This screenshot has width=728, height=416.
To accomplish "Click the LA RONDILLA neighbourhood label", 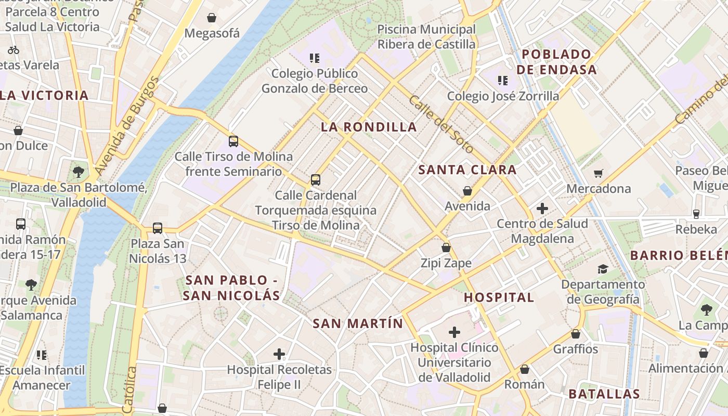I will pos(369,127).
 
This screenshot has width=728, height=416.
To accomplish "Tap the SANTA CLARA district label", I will pos(467,170).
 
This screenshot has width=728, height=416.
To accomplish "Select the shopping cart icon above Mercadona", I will pos(599,173).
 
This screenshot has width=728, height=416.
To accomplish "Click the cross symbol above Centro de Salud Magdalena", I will pos(542,209).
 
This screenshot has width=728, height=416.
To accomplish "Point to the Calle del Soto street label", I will pos(441,124).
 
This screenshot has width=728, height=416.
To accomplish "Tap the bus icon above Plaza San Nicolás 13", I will pos(158,228).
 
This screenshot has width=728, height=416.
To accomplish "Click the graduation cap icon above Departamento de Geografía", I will pos(603,269).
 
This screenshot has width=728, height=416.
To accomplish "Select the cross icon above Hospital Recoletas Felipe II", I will pos(279,354).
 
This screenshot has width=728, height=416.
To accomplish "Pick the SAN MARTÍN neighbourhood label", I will pos(358,323).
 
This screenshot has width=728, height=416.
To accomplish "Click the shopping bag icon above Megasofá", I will pos(212,18).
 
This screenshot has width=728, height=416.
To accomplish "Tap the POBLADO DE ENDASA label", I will pos(559,62).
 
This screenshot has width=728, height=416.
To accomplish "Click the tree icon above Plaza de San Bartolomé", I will pos(79,172).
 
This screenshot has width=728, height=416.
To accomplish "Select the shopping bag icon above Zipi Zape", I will pos(446,248).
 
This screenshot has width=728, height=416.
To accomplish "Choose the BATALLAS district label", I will pos(604,394).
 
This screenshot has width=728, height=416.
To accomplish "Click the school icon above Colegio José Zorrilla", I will pos(503,80).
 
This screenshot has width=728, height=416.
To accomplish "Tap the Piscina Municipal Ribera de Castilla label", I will pos(426,37).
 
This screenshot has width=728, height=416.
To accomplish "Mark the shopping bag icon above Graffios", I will pos(576,334).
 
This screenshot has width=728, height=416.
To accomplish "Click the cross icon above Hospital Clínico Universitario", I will pos(454,332).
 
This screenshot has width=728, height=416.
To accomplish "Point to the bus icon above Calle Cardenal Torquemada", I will pos(315,180).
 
